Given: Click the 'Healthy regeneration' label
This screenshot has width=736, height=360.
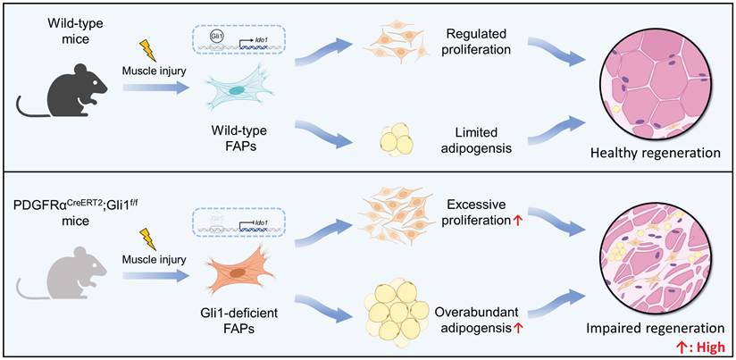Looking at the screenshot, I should click(655, 154).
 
